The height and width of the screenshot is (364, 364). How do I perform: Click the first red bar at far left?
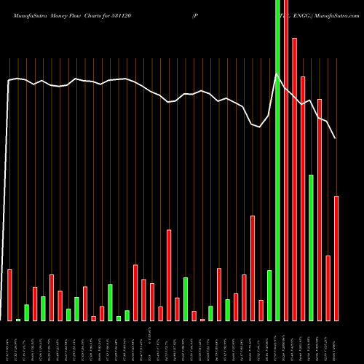(x=9, y=295)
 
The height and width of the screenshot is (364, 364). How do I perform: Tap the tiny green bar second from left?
(x=18, y=319)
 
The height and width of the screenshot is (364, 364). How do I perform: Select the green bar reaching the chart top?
(x=277, y=160)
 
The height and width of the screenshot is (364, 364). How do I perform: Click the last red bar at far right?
(x=336, y=258)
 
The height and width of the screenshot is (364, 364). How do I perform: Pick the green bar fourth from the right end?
(x=311, y=248)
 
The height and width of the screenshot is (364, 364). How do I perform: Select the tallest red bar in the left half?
(x=169, y=275)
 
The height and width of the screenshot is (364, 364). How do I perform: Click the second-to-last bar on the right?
(x=328, y=288)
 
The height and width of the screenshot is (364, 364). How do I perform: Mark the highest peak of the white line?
(x=277, y=74)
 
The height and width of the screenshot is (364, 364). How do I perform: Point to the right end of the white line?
(x=336, y=138)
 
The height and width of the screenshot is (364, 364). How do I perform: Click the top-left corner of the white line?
(x=9, y=81)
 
